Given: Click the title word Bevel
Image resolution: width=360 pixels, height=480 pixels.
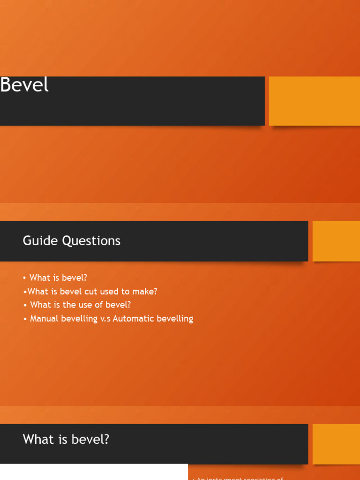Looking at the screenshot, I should (24, 85).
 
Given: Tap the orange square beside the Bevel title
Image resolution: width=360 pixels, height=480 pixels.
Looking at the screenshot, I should (314, 101).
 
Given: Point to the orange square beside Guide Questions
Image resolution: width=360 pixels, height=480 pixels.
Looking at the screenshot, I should (336, 241).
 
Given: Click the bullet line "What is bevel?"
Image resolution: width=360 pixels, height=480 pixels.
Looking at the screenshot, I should (58, 277).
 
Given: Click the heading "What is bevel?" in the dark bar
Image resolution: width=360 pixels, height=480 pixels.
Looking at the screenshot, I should (66, 440).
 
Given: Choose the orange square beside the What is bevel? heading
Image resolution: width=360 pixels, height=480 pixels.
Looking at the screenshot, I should (336, 443).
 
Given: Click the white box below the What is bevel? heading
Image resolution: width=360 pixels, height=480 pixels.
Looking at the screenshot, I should (94, 472).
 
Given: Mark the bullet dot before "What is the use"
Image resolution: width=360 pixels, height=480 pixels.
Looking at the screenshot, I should (25, 305).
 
